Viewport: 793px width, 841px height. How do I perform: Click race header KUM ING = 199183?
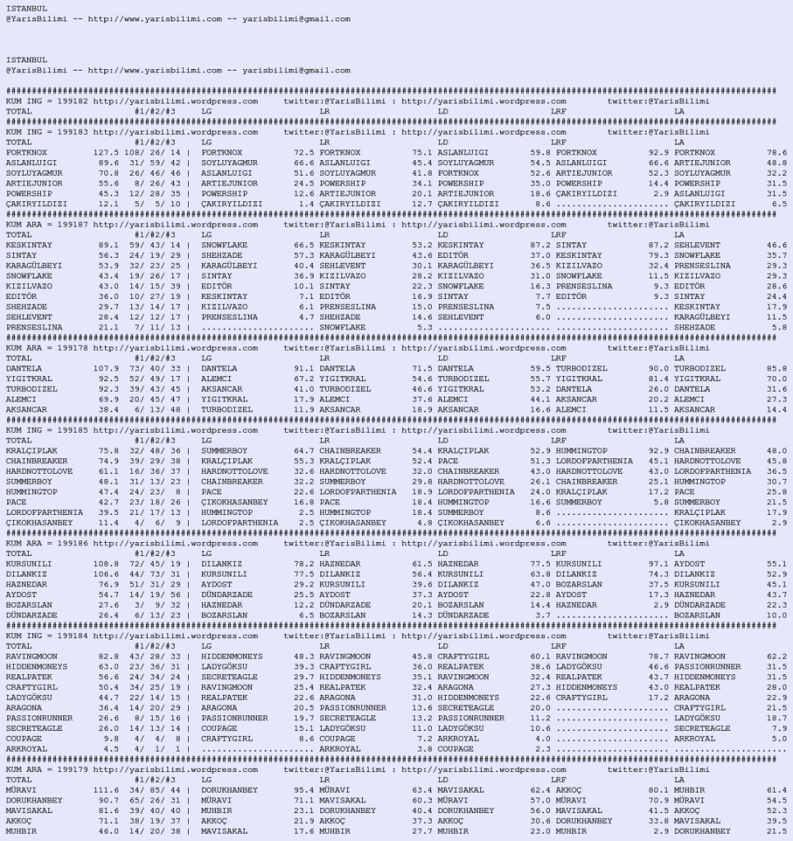(x=47, y=131)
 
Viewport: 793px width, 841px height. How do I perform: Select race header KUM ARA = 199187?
(x=47, y=224)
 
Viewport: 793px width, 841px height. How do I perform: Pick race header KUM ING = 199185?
(x=47, y=430)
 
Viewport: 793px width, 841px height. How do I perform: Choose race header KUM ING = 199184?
(x=47, y=636)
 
